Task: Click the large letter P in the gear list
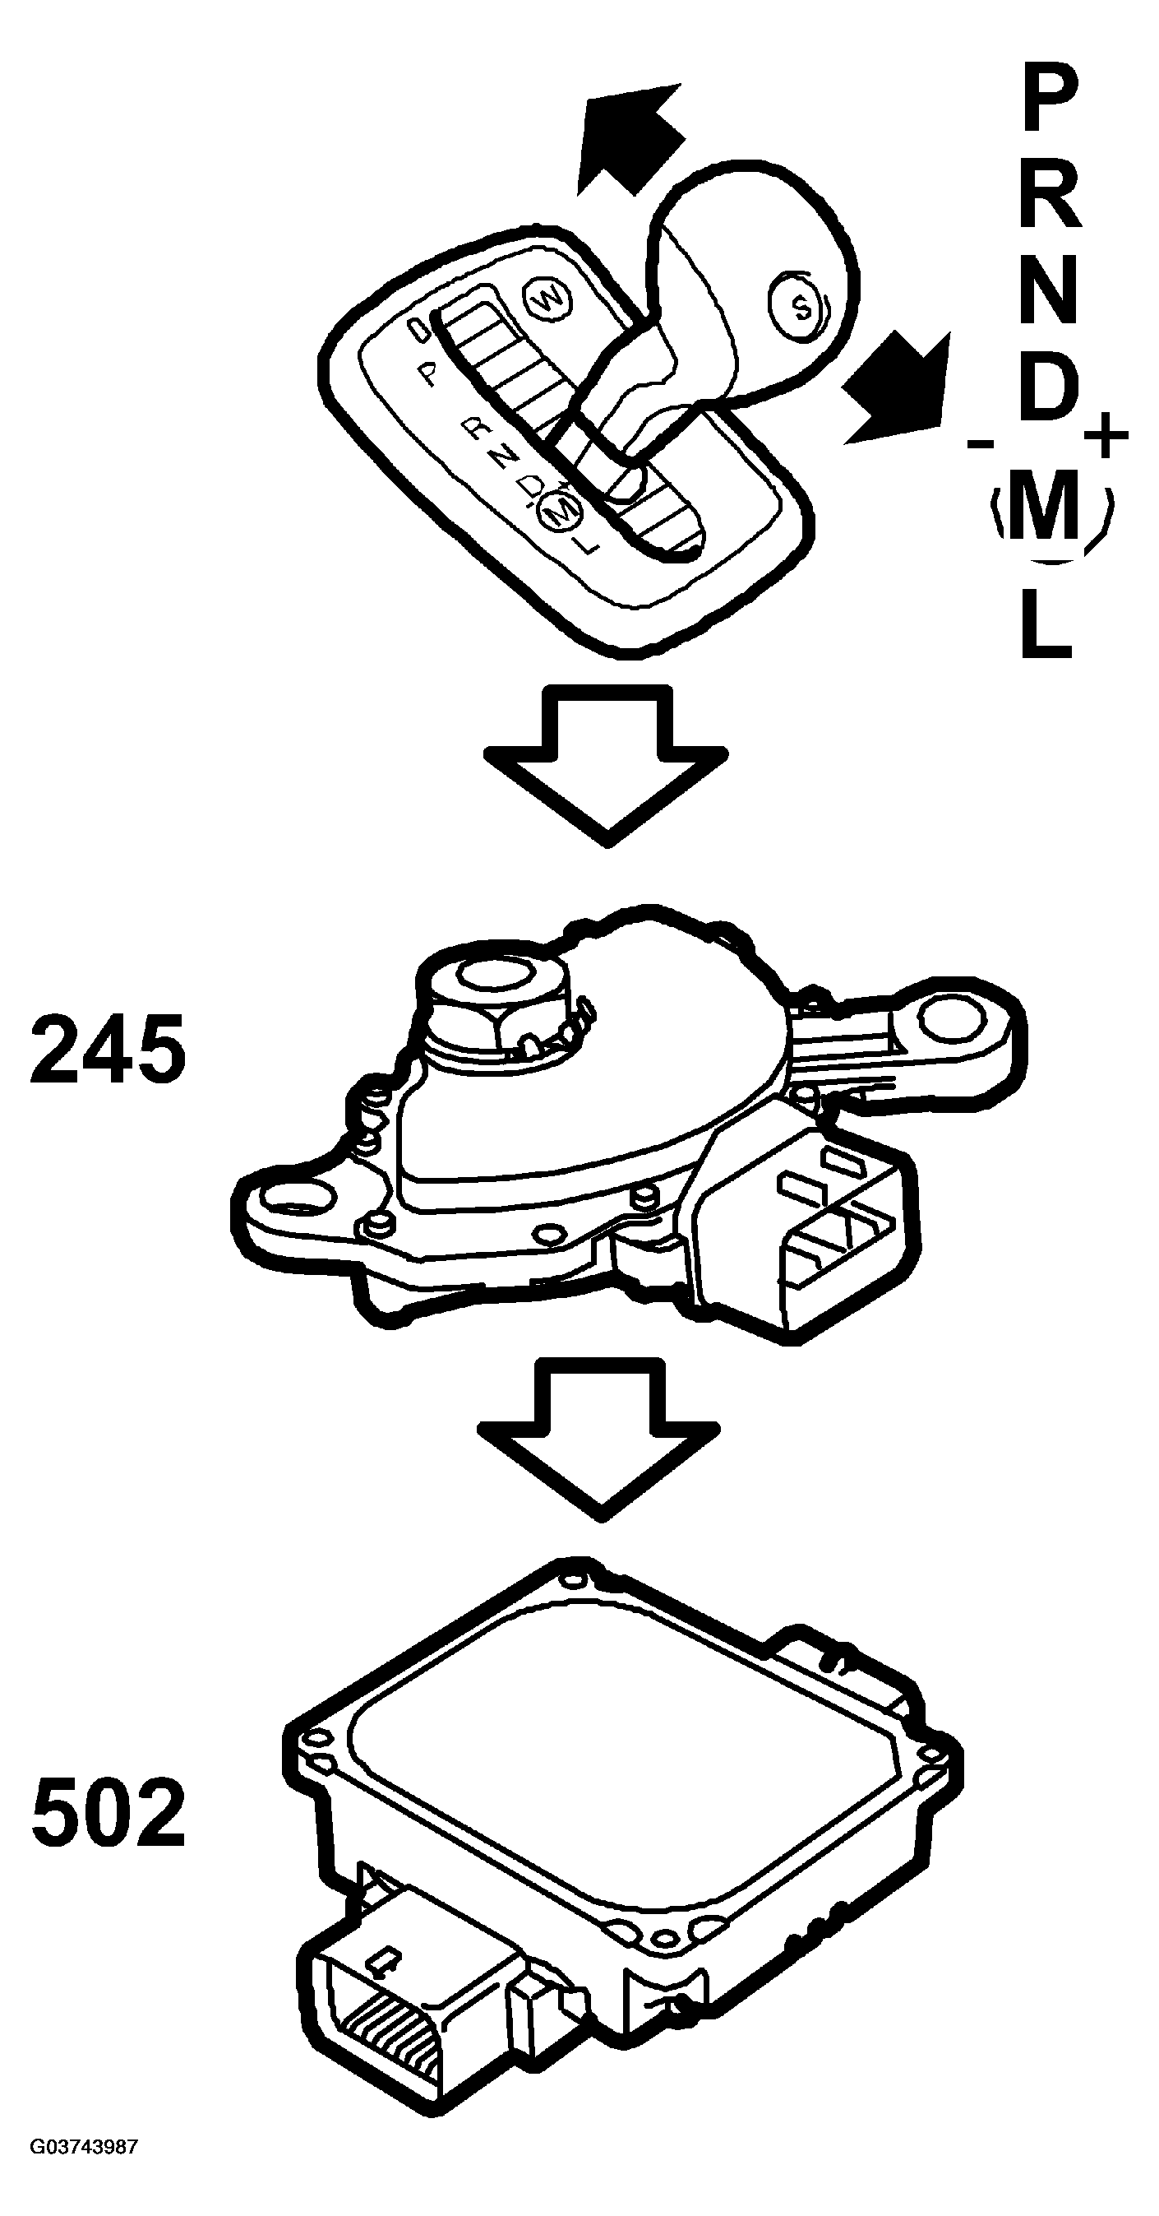[1049, 101]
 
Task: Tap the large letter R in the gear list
[1050, 197]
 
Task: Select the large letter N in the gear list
[1049, 293]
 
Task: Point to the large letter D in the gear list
[1049, 388]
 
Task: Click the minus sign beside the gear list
[980, 444]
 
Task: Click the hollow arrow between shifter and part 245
[606, 764]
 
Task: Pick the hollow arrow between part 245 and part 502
[600, 1439]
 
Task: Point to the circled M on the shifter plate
[559, 513]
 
